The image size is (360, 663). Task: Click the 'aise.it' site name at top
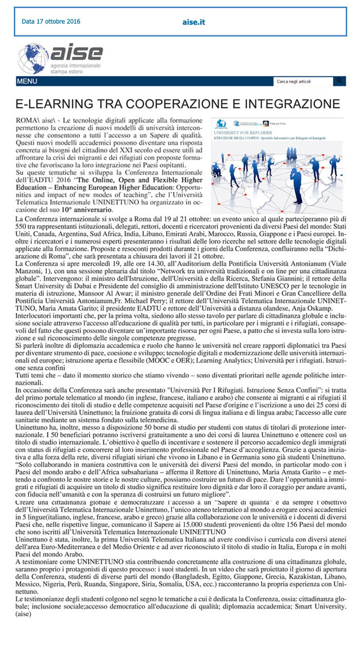click(x=194, y=22)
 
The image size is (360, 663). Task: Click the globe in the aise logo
click(x=33, y=59)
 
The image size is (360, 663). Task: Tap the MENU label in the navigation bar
click(x=27, y=81)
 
